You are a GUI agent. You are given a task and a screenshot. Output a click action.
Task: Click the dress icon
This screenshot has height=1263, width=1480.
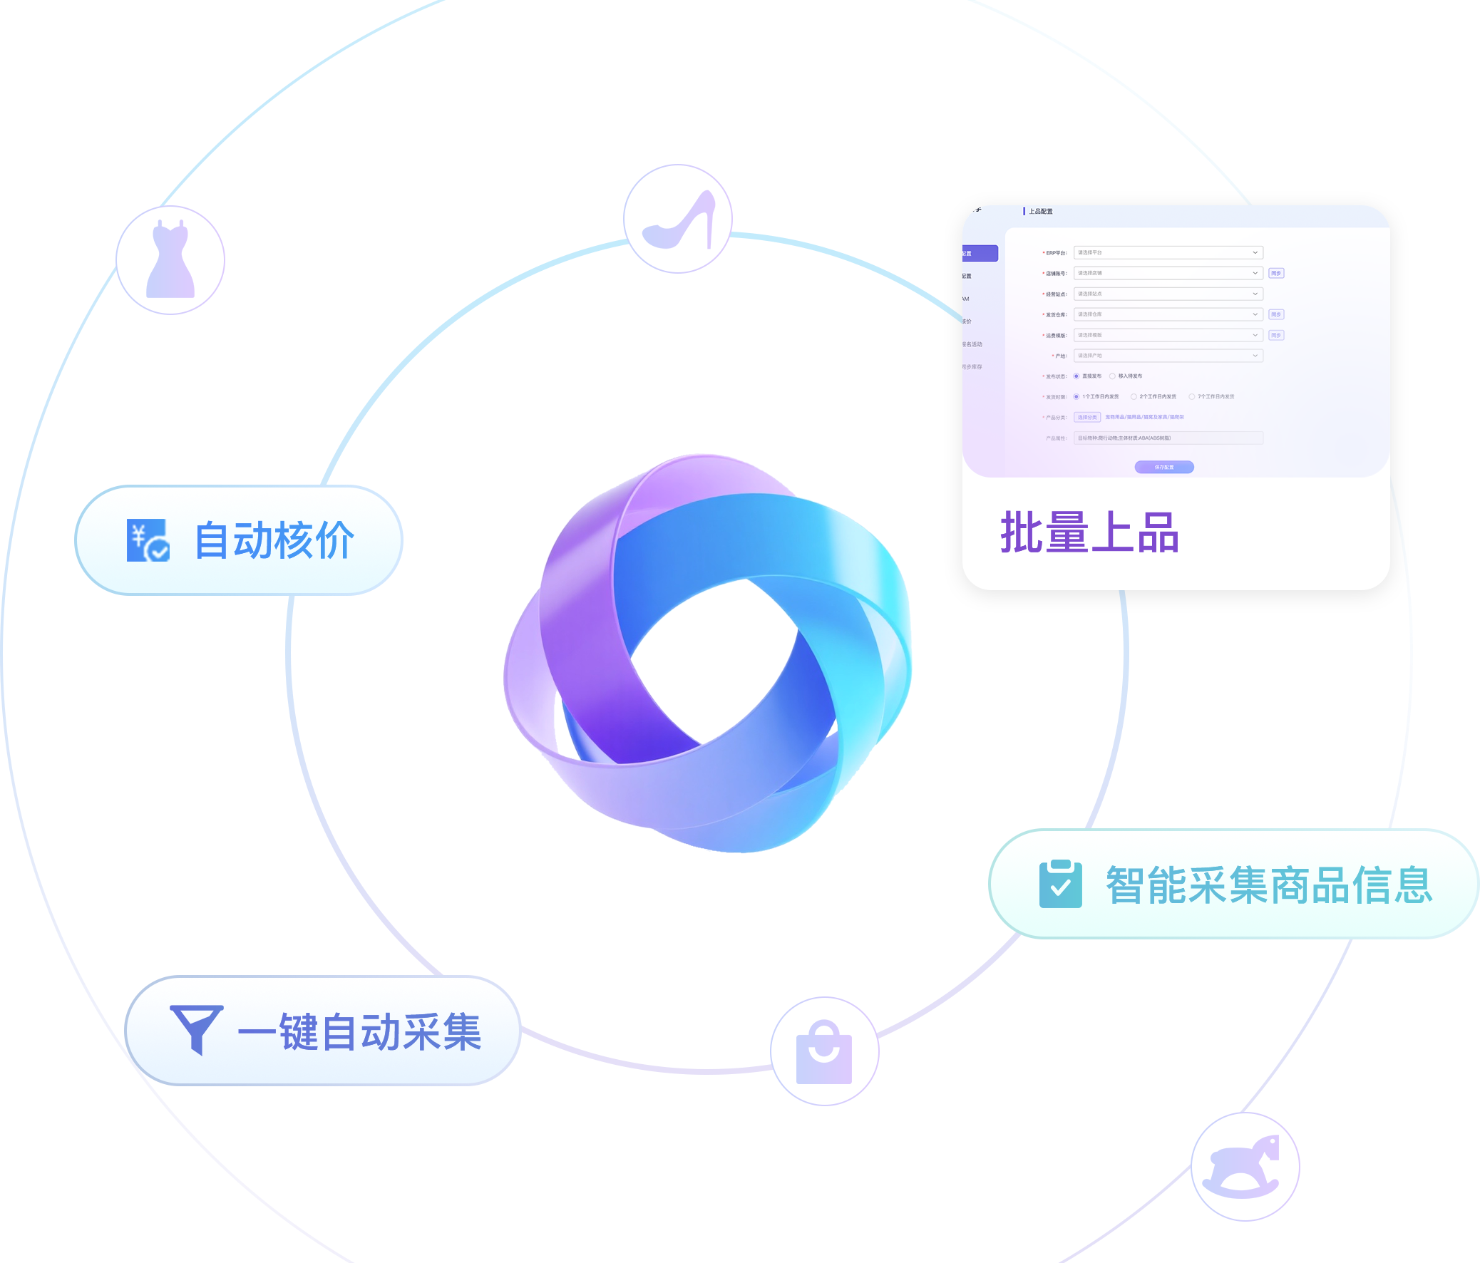click(x=170, y=260)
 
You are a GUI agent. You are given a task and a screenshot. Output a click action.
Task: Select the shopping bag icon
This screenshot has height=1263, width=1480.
click(x=823, y=1051)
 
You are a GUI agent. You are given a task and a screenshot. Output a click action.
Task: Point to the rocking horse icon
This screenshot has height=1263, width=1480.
click(x=1244, y=1166)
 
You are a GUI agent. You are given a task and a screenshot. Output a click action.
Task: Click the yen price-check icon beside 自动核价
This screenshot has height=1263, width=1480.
click(x=148, y=540)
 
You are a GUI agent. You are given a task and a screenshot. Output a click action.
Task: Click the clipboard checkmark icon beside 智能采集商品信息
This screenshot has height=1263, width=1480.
click(x=1060, y=885)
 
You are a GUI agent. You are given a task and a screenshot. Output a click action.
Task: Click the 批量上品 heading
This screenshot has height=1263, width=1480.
click(x=1089, y=532)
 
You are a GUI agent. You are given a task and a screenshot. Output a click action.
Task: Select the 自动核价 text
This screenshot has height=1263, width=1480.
click(x=274, y=540)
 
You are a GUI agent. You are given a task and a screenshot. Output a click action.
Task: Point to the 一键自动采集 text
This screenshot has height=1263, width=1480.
click(x=359, y=1031)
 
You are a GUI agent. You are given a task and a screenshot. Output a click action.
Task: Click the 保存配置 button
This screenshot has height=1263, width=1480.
click(x=1163, y=467)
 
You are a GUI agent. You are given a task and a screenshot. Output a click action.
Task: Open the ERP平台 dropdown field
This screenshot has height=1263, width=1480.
click(x=1167, y=253)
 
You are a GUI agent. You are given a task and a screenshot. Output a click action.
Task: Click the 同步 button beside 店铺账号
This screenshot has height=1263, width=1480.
click(x=1275, y=274)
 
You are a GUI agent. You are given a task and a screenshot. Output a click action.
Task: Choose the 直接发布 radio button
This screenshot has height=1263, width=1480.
click(x=1076, y=376)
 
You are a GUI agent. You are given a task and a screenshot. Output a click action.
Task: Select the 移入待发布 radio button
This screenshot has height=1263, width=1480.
click(x=1112, y=376)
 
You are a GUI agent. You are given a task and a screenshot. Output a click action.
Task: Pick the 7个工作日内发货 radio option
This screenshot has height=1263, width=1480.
click(x=1191, y=397)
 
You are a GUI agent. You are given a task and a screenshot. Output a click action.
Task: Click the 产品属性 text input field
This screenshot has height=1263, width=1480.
click(x=1167, y=438)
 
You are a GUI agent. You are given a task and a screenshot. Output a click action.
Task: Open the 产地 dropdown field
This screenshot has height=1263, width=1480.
click(x=1167, y=356)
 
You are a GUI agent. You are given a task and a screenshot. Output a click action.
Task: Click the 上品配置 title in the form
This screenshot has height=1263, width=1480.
click(x=1040, y=212)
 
